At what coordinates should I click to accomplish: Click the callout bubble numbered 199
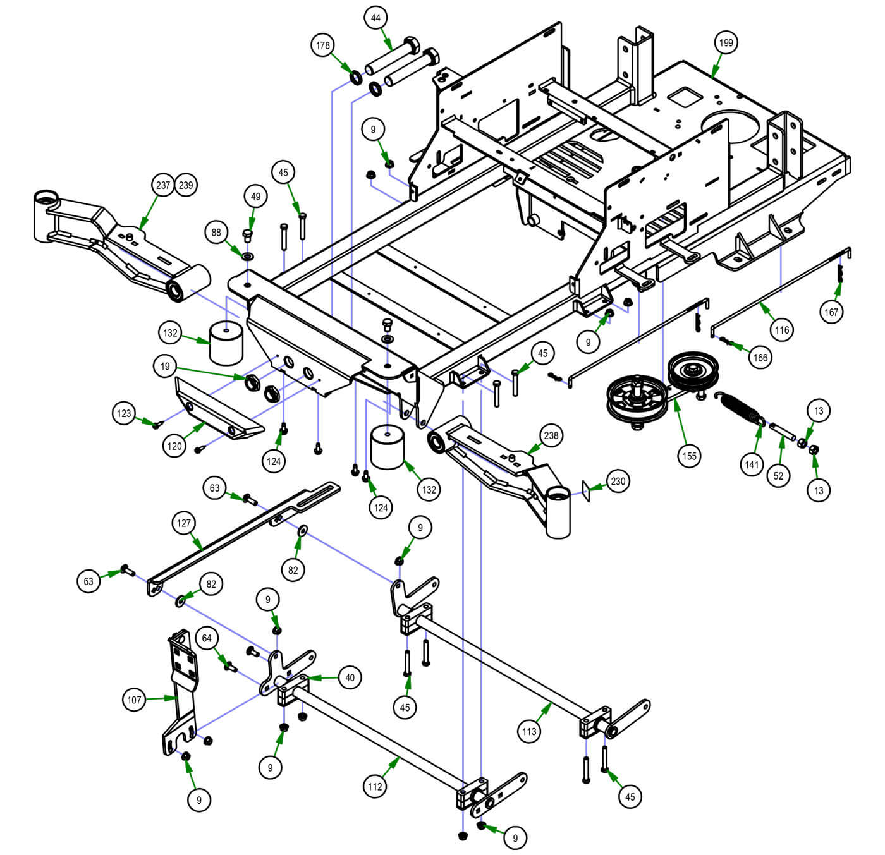[726, 43]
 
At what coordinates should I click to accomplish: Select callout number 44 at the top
[376, 18]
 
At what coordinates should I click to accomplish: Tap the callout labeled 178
[323, 45]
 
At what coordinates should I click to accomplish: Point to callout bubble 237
[163, 185]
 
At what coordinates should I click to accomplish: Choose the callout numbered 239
[186, 185]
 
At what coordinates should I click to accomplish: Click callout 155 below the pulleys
[689, 456]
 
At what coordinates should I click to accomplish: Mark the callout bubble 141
[752, 465]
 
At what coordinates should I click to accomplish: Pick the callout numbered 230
[618, 482]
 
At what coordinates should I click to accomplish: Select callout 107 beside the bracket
[134, 700]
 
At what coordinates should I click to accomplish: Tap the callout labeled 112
[375, 787]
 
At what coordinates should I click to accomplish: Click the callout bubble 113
[529, 731]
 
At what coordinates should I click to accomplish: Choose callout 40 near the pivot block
[350, 677]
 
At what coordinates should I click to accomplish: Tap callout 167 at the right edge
[831, 312]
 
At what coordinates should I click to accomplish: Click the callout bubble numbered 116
[782, 330]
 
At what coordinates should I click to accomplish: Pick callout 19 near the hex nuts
[165, 366]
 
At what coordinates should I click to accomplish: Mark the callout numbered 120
[174, 446]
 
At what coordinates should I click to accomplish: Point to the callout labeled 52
[778, 476]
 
